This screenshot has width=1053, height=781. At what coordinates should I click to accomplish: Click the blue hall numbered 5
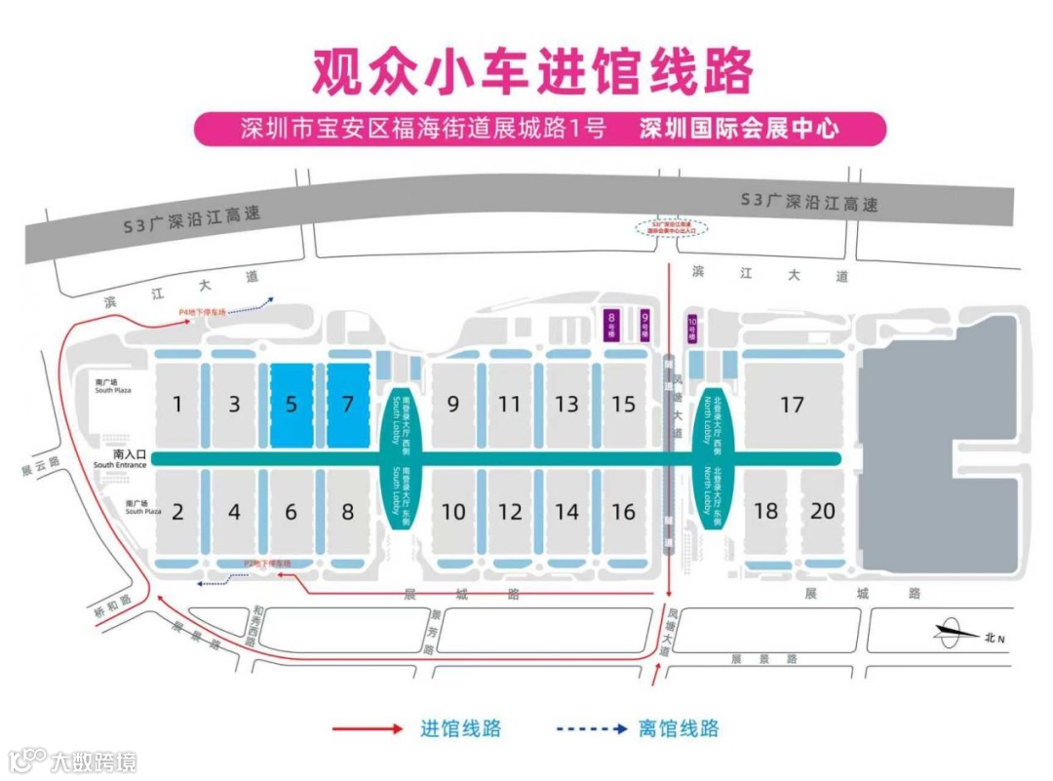tap(292, 405)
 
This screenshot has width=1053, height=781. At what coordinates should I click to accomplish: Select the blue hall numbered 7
tap(348, 405)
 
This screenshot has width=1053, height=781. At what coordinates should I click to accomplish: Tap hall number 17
tap(792, 403)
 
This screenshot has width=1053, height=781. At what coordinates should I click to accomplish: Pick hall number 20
tap(823, 511)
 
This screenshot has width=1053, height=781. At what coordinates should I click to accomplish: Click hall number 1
tap(177, 404)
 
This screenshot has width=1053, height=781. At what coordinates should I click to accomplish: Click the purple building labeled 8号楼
tap(611, 324)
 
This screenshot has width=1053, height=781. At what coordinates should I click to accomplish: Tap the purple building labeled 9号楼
tap(644, 324)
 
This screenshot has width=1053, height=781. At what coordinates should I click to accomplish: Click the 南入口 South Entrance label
tap(124, 458)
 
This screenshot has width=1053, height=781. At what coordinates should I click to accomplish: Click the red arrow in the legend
tap(367, 728)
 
